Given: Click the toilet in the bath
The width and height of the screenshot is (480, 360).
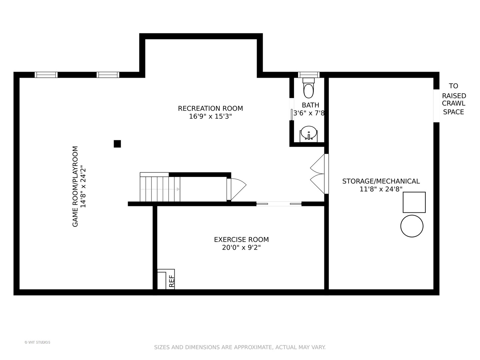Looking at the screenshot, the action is click(308, 88).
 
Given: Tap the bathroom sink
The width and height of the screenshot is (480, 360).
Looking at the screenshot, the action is click(308, 134).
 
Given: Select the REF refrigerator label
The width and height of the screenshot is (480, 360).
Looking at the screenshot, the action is click(172, 281).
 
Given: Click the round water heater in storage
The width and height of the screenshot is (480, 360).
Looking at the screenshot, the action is click(412, 226).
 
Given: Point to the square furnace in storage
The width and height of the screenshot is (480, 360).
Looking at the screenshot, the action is click(414, 202).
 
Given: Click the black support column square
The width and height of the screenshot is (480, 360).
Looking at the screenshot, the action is click(117, 144).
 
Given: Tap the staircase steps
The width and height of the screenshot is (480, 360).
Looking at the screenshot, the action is click(160, 189).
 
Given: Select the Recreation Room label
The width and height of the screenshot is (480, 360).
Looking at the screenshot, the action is click(210, 108).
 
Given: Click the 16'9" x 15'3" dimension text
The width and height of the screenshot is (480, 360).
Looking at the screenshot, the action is click(210, 116).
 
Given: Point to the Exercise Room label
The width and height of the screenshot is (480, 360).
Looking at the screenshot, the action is click(241, 240).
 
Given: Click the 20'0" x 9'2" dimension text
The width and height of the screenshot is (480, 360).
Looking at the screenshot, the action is click(241, 247).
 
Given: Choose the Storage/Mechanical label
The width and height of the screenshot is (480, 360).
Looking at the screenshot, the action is click(381, 181).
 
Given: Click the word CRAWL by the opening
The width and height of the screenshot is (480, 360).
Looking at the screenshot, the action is click(454, 103).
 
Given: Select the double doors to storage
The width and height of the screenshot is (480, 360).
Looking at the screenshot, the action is click(319, 174).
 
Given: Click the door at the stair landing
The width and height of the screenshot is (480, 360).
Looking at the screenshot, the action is click(236, 189).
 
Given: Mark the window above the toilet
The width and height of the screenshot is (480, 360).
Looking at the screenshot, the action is click(309, 75).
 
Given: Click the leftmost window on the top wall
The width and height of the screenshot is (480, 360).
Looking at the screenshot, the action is click(46, 75).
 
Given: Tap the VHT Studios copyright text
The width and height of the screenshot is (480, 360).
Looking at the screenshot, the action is click(37, 342).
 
